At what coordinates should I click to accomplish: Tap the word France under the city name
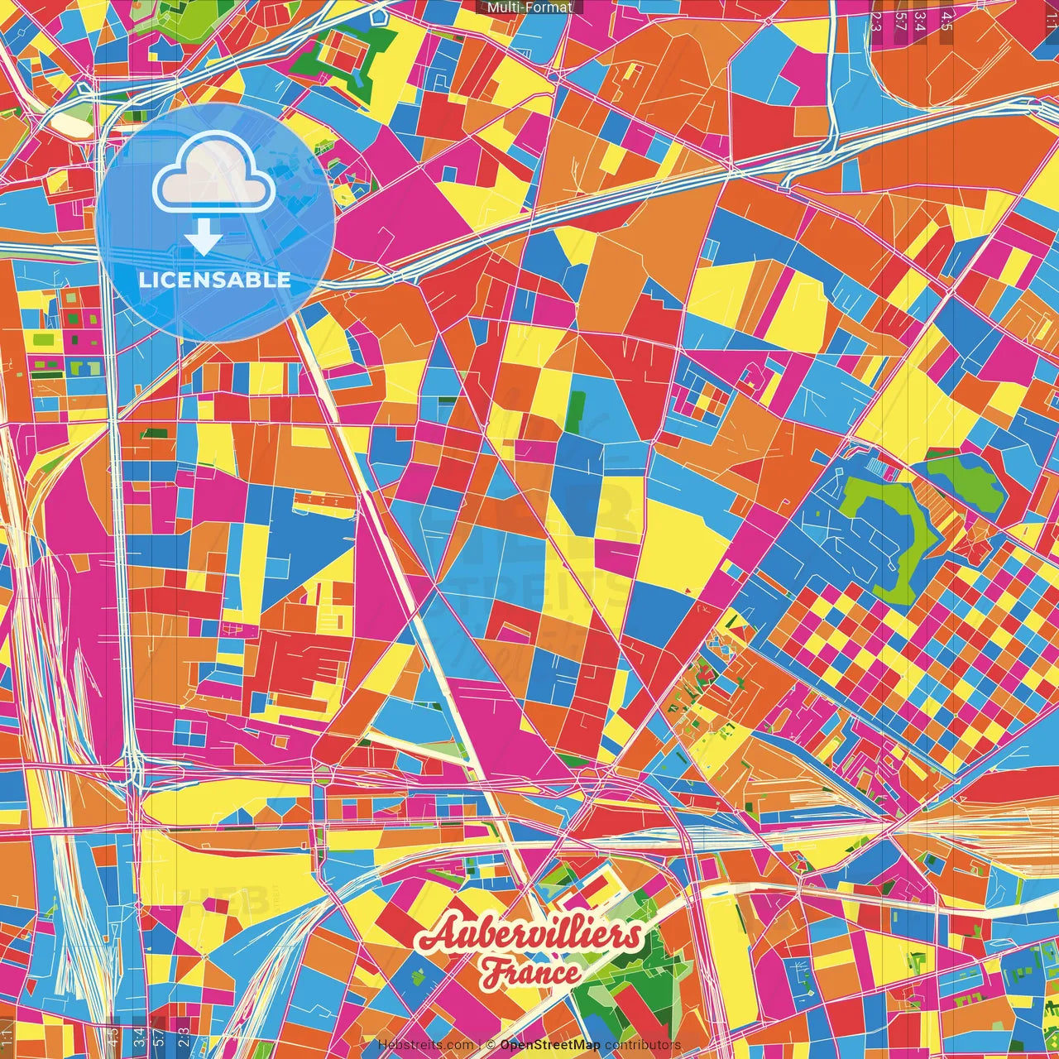pos(530,972)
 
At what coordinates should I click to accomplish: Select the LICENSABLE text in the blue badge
pos(214,280)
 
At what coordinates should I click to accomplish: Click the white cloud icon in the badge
pos(214,175)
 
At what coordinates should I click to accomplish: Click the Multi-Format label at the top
pos(529,7)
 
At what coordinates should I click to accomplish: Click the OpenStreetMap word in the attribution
pos(550,1045)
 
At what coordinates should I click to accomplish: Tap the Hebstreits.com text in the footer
pos(425,1045)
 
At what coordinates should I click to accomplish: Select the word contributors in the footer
pos(643,1045)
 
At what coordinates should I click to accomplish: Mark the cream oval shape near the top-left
pos(72,125)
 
